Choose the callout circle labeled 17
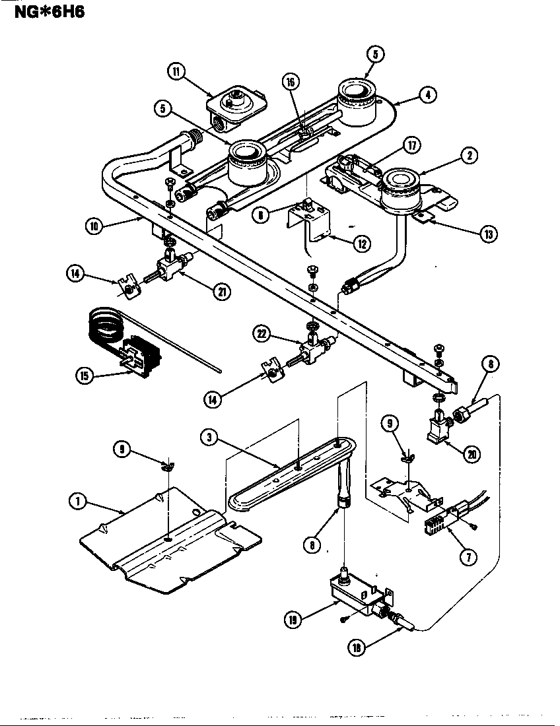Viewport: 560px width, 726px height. click(411, 145)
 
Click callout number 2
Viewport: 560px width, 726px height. click(468, 156)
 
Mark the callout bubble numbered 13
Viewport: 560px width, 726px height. click(488, 234)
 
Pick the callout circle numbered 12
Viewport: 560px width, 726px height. click(361, 243)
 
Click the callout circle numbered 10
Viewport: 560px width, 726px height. click(95, 225)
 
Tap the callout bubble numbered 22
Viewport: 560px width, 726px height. click(262, 335)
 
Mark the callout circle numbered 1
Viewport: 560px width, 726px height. click(78, 501)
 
